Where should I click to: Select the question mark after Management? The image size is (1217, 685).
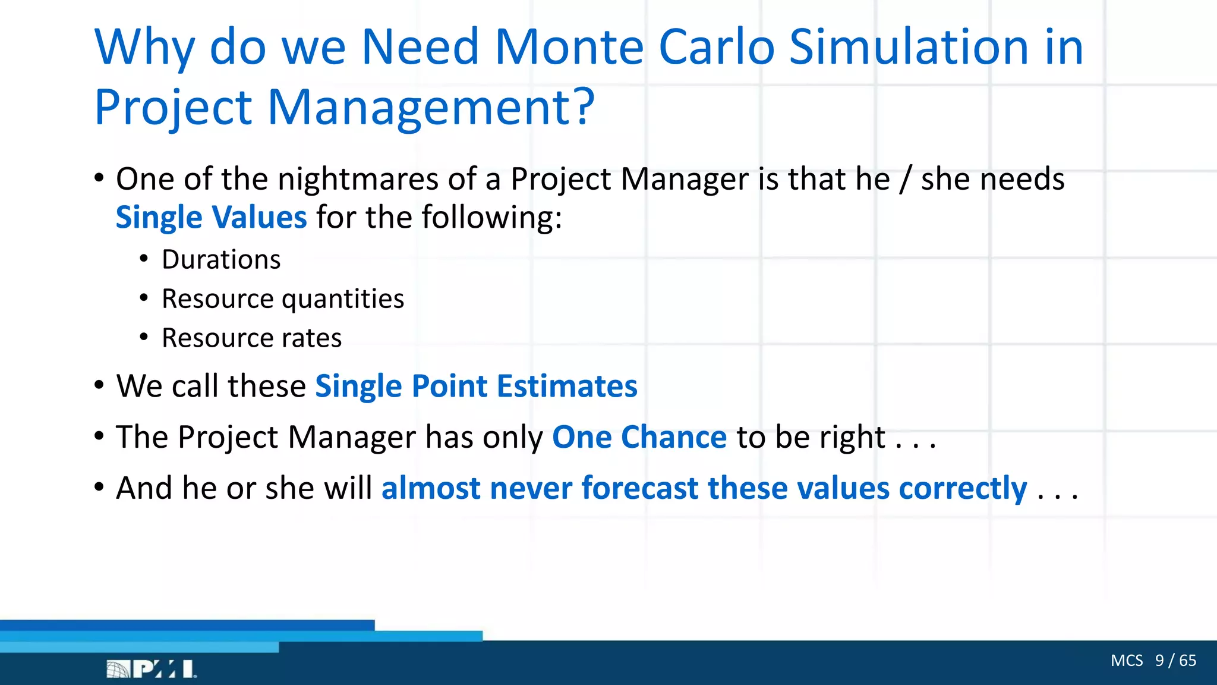point(584,107)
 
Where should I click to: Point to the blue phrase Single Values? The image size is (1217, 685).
point(211,218)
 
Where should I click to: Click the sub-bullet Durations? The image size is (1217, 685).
point(221,260)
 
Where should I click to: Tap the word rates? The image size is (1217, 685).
point(311,338)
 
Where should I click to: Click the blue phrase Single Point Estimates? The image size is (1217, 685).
point(475,387)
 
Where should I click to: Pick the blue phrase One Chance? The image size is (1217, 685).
point(639,438)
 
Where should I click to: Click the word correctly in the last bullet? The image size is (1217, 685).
point(963,489)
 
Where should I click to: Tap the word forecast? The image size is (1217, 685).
point(639,489)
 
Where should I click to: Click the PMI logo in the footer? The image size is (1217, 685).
point(152,669)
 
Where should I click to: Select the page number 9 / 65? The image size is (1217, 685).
point(1175,661)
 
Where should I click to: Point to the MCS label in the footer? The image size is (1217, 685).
point(1126,661)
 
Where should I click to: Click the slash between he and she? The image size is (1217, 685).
point(905,180)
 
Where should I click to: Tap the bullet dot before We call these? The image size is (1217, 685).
point(99,386)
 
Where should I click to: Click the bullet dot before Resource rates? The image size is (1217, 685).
point(144,337)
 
